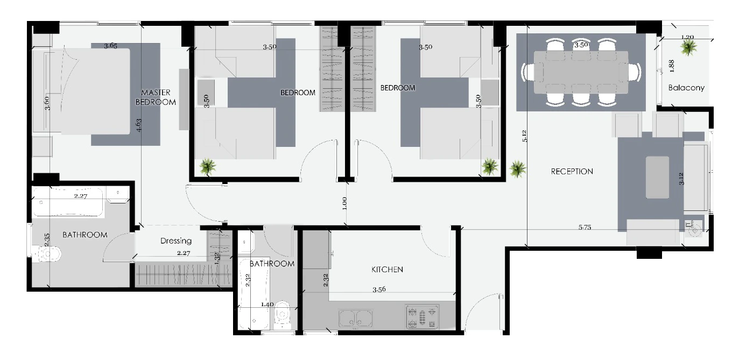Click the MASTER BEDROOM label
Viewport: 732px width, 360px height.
click(x=156, y=97)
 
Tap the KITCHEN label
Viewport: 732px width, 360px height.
click(x=387, y=270)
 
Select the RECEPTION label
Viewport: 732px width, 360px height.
click(x=572, y=172)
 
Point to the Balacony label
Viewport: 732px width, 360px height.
click(x=686, y=88)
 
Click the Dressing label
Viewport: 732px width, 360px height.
click(x=176, y=241)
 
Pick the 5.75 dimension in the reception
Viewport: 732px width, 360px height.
click(x=585, y=227)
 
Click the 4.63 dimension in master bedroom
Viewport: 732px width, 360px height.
click(x=139, y=125)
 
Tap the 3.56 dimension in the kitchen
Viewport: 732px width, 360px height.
click(x=379, y=289)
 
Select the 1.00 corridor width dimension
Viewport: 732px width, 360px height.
click(x=344, y=203)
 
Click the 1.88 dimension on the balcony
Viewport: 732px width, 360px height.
click(x=672, y=66)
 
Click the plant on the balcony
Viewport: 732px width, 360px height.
click(x=688, y=48)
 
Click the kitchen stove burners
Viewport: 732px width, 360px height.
click(x=422, y=316)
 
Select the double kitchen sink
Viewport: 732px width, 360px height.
click(x=356, y=318)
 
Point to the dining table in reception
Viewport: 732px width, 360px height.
click(x=581, y=72)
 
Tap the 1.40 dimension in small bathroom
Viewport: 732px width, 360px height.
click(x=267, y=305)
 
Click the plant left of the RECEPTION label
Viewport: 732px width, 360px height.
click(x=518, y=169)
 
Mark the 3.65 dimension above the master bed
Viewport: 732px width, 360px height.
click(x=110, y=46)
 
